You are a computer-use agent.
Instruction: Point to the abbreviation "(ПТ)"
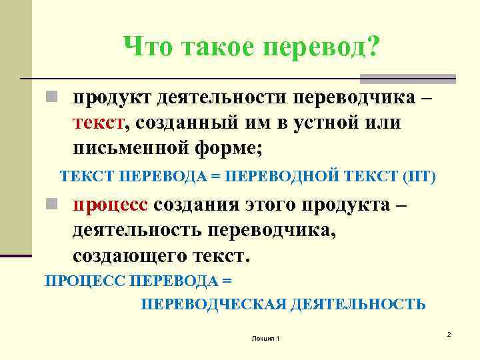pos(419,177)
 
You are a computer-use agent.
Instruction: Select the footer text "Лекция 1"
pos(265,339)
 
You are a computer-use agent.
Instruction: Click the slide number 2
pos(449,333)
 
